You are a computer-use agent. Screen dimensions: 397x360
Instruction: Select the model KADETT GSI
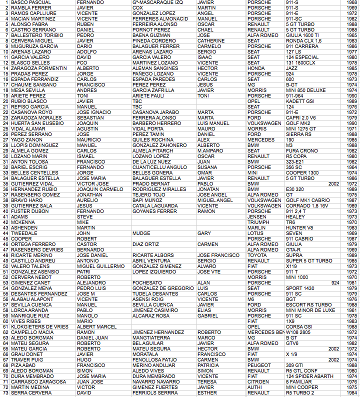300,101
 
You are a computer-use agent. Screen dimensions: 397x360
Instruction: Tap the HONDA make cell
256,68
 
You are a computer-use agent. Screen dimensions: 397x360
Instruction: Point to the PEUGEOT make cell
259,365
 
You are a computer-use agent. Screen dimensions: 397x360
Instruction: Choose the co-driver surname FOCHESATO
147,282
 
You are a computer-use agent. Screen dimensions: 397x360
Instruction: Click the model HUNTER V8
299,228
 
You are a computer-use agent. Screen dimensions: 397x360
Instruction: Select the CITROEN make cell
258,381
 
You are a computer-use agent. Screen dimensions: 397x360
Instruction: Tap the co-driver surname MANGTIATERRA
152,337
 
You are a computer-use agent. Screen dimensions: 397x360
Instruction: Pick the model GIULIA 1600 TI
302,35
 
